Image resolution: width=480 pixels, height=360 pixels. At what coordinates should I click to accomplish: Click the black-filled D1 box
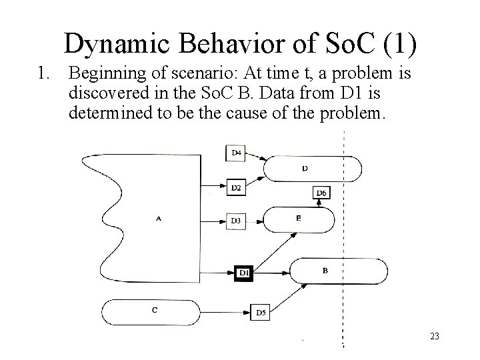[x=244, y=272]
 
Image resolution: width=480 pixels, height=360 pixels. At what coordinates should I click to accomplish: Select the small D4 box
[x=236, y=153]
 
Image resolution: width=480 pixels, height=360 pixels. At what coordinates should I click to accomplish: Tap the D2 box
[x=236, y=187]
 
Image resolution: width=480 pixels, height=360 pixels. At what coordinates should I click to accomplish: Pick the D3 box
[x=236, y=220]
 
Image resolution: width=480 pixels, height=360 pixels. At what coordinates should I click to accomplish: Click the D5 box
[x=261, y=312]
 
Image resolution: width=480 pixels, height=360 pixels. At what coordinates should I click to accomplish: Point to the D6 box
[x=321, y=193]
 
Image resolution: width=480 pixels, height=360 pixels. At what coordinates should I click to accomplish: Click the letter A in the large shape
[x=158, y=218]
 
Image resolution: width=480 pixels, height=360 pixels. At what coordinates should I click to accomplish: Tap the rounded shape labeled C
[x=154, y=309]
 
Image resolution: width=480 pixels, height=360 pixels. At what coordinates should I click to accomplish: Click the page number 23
[x=435, y=337]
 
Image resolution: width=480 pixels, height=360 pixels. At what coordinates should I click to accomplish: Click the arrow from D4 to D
[x=257, y=157]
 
